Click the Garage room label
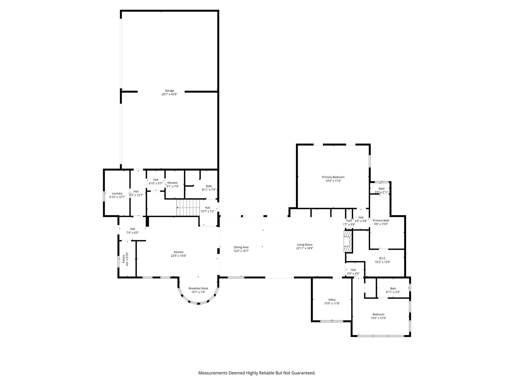pos(169,91)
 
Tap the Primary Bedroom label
pos(333,177)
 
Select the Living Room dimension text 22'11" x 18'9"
pos(305,248)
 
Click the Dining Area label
pos(241,247)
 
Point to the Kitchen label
pos(179,252)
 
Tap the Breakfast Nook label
pos(198,288)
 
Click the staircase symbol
pos(188,208)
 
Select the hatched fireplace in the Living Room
pos(348,242)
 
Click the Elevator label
pos(173,183)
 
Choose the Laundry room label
pos(117,194)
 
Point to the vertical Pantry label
pos(124,259)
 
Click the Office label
pos(332,300)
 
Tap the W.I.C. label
pos(382,258)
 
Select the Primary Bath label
pos(381,220)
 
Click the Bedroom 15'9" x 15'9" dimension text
pos(378,318)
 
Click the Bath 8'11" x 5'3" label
pos(393,290)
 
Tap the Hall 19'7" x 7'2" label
pos(207,209)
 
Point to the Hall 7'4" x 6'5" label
pos(133,231)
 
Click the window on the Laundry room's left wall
pos(104,196)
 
